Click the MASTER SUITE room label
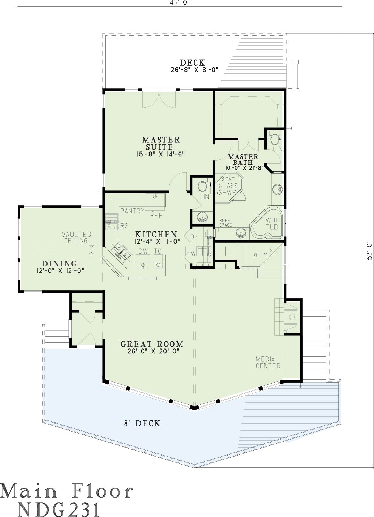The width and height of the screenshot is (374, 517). click(x=161, y=143)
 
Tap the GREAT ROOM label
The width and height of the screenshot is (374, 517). click(x=152, y=344)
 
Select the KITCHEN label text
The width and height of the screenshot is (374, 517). click(x=156, y=234)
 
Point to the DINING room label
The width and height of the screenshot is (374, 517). click(x=59, y=264)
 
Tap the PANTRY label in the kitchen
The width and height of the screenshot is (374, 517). click(x=132, y=211)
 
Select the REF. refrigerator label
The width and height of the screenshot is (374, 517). click(x=157, y=216)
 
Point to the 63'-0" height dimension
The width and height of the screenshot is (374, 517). click(x=369, y=251)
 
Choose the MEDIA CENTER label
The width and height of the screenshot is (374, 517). click(x=268, y=363)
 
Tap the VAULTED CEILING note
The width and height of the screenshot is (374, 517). click(x=77, y=238)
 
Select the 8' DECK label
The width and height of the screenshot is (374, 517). click(x=142, y=423)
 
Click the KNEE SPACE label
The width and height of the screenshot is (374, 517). click(x=226, y=223)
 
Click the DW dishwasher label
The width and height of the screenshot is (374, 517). click(x=143, y=251)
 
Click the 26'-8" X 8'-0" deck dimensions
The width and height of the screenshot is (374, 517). click(x=195, y=70)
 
